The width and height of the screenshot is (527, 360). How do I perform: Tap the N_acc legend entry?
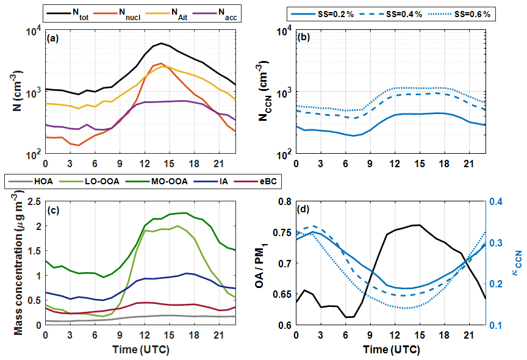coord(223,12)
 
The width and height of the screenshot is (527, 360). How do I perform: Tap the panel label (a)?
coord(53,38)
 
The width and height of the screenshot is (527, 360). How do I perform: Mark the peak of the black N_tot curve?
coord(161,43)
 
